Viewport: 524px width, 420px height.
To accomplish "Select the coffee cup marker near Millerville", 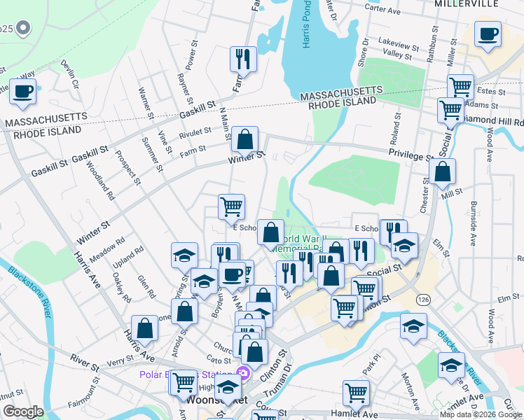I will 488,34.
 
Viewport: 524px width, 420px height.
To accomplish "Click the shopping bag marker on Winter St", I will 245,139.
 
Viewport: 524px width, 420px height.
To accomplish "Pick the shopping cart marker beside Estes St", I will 460,87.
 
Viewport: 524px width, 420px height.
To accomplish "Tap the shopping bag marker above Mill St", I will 443,171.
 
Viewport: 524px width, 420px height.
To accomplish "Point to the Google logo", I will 24,412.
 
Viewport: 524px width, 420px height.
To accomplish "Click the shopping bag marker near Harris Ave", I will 144,328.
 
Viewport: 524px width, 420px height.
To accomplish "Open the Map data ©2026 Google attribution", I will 481,414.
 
